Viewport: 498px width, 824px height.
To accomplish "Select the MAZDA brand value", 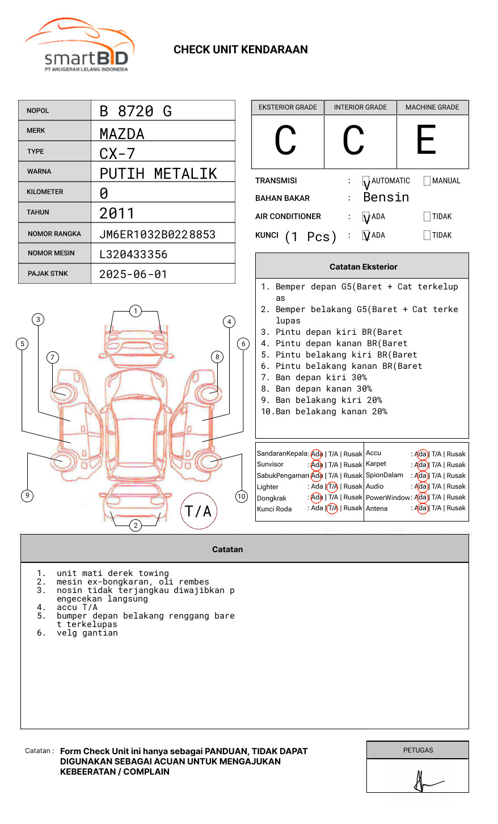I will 122,134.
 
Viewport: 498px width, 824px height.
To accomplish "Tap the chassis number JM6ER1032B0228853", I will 157,234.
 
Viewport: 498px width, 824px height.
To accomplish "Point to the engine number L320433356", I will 133,254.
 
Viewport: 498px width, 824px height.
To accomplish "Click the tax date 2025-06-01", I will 133,274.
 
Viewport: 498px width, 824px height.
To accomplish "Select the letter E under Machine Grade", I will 426,140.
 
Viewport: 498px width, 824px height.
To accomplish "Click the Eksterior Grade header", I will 288,107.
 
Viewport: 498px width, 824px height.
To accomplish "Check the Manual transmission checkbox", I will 427,181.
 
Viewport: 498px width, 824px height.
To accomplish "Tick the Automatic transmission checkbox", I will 366,181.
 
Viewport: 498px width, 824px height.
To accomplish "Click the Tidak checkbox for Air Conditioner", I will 427,217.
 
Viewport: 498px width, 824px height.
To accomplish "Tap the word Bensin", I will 386,197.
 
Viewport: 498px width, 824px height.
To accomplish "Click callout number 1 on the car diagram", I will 135,311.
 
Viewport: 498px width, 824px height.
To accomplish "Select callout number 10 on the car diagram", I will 242,497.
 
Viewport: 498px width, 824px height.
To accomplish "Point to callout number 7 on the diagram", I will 53,357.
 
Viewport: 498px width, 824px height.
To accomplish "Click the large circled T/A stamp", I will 199,511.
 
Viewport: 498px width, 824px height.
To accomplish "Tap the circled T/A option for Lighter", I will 332,487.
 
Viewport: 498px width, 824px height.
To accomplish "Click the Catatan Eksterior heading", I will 363,267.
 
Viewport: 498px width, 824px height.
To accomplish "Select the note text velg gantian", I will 87,633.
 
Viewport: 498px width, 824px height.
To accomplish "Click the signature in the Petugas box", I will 424,781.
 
